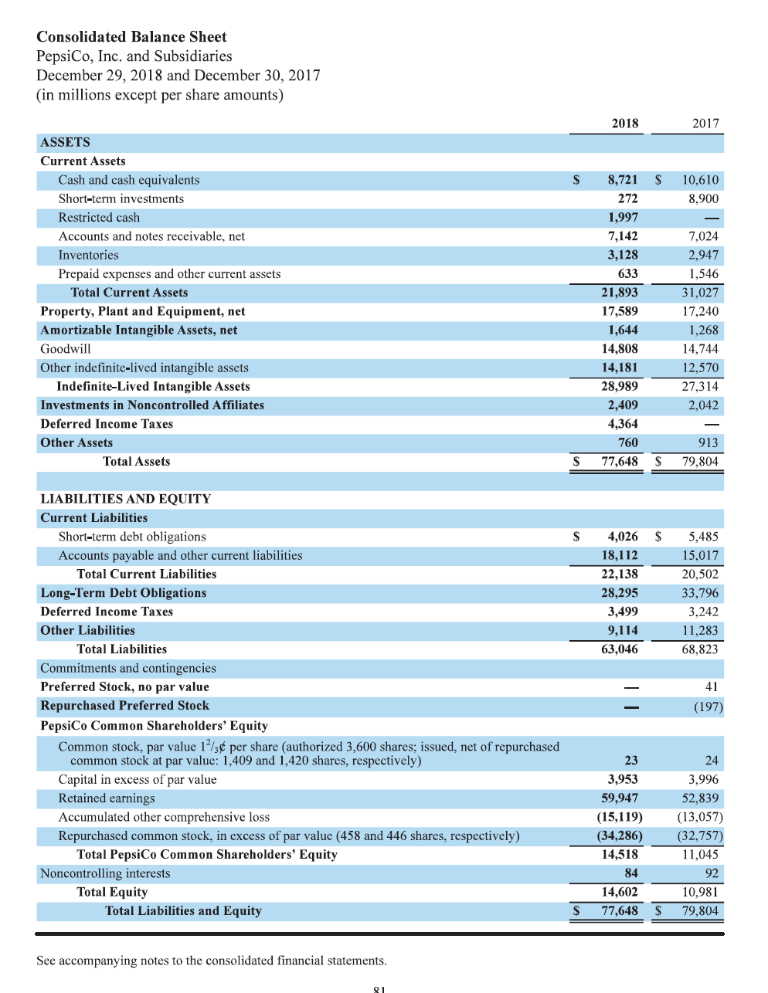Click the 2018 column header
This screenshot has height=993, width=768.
coord(624,124)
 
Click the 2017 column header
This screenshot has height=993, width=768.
coord(705,124)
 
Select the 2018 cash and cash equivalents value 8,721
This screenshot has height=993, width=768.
coord(622,180)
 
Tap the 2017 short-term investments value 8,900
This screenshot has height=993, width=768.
coord(703,198)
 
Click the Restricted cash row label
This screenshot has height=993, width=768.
coord(99,218)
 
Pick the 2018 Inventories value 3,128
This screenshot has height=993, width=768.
coord(622,255)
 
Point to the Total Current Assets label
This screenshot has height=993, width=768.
coord(129,293)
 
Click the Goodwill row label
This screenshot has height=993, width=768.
coord(65,349)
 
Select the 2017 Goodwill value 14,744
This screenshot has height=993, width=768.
coord(700,349)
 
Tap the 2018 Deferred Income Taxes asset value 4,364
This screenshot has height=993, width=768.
coord(622,424)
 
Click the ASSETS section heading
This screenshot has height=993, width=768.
coord(65,142)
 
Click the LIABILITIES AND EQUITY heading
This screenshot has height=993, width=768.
coord(125,499)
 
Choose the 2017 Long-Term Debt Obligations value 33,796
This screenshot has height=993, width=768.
coord(700,593)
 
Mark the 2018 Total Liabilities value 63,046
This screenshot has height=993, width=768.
coord(620,649)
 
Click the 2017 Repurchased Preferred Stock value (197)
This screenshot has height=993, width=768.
coord(708,707)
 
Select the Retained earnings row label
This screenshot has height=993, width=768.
coord(106,798)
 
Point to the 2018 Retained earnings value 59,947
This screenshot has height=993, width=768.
coord(620,798)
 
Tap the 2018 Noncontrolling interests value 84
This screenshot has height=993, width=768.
coord(630,873)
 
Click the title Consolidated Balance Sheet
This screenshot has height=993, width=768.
coord(131,37)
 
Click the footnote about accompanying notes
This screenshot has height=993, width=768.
coord(211,961)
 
